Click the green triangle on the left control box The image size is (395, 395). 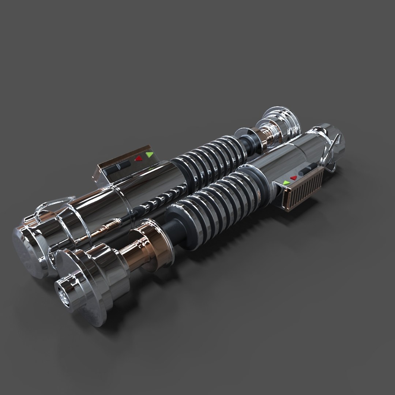click(149, 155)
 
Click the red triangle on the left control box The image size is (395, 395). click(138, 159)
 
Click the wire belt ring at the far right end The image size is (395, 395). click(335, 154)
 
